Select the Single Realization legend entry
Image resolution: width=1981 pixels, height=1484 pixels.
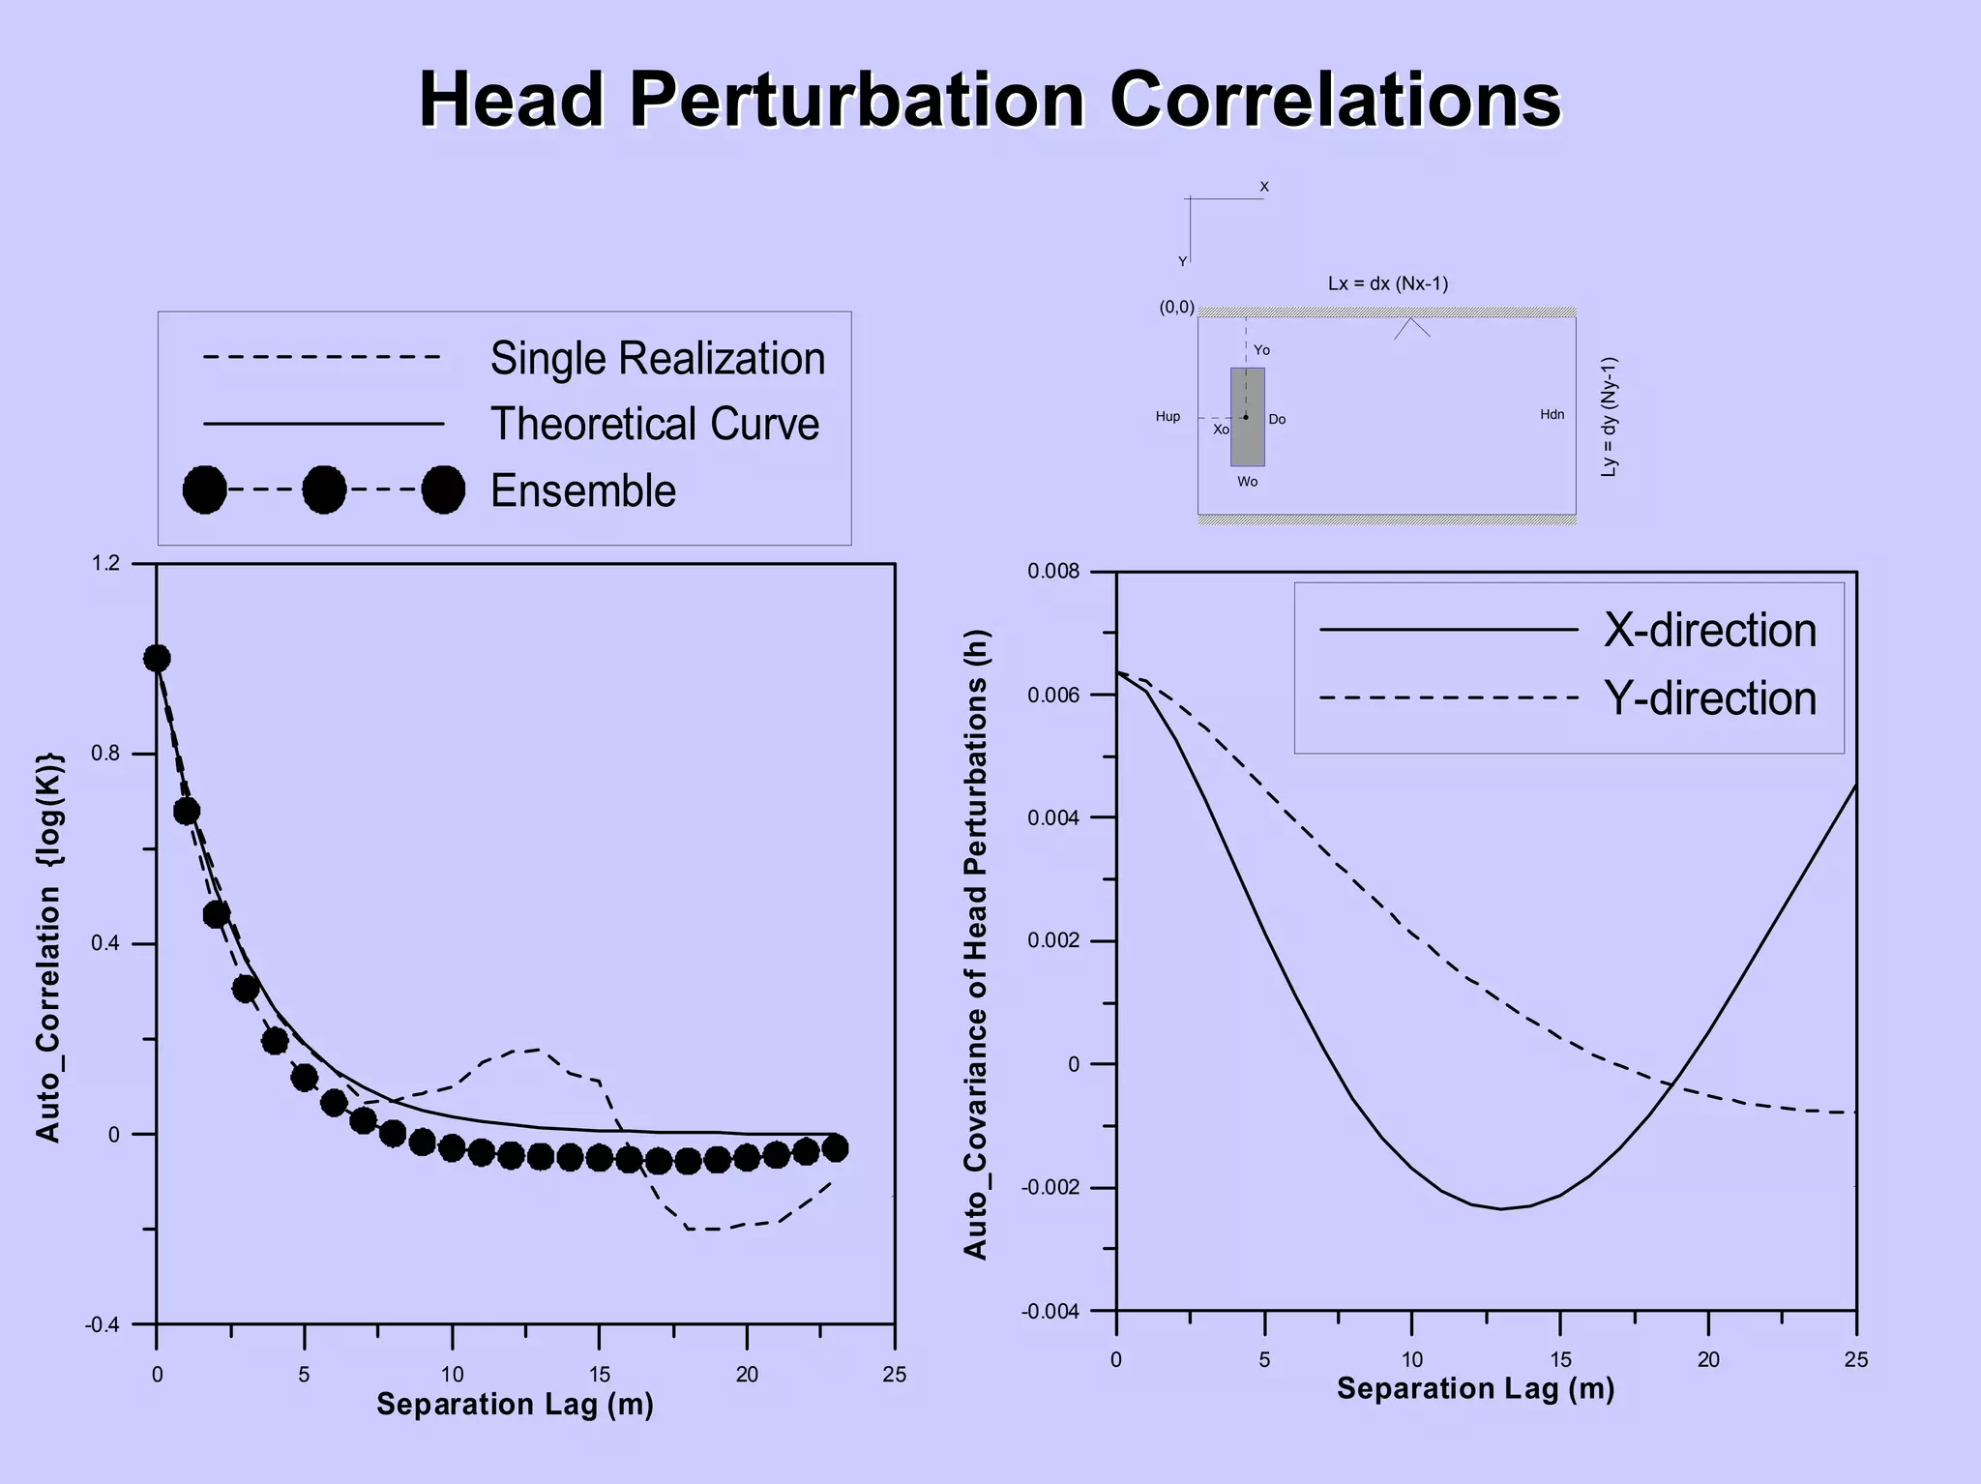(657, 359)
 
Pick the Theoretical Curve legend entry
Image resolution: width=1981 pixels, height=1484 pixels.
(654, 425)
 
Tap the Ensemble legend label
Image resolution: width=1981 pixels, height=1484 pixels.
(582, 490)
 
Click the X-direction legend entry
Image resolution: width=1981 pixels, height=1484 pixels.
(1709, 631)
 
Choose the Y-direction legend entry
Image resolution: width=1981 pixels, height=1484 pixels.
(1709, 698)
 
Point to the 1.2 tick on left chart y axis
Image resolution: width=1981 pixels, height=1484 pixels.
(105, 563)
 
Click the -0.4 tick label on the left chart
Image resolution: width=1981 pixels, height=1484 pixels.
(102, 1324)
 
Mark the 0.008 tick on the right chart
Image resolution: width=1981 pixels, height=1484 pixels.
(1053, 572)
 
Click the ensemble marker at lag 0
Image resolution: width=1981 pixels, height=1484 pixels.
(157, 659)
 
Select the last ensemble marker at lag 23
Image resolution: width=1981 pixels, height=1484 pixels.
(836, 1148)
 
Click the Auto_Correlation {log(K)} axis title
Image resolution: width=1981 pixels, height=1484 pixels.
(48, 945)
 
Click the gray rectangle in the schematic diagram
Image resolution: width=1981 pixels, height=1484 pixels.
(1247, 417)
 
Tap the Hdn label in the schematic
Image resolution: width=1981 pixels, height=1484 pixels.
(1552, 415)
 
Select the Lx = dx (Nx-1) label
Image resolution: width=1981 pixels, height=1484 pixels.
(1387, 284)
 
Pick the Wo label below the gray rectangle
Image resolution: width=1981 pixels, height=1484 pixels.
(1247, 482)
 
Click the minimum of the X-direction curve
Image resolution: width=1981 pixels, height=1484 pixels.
(1500, 1208)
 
